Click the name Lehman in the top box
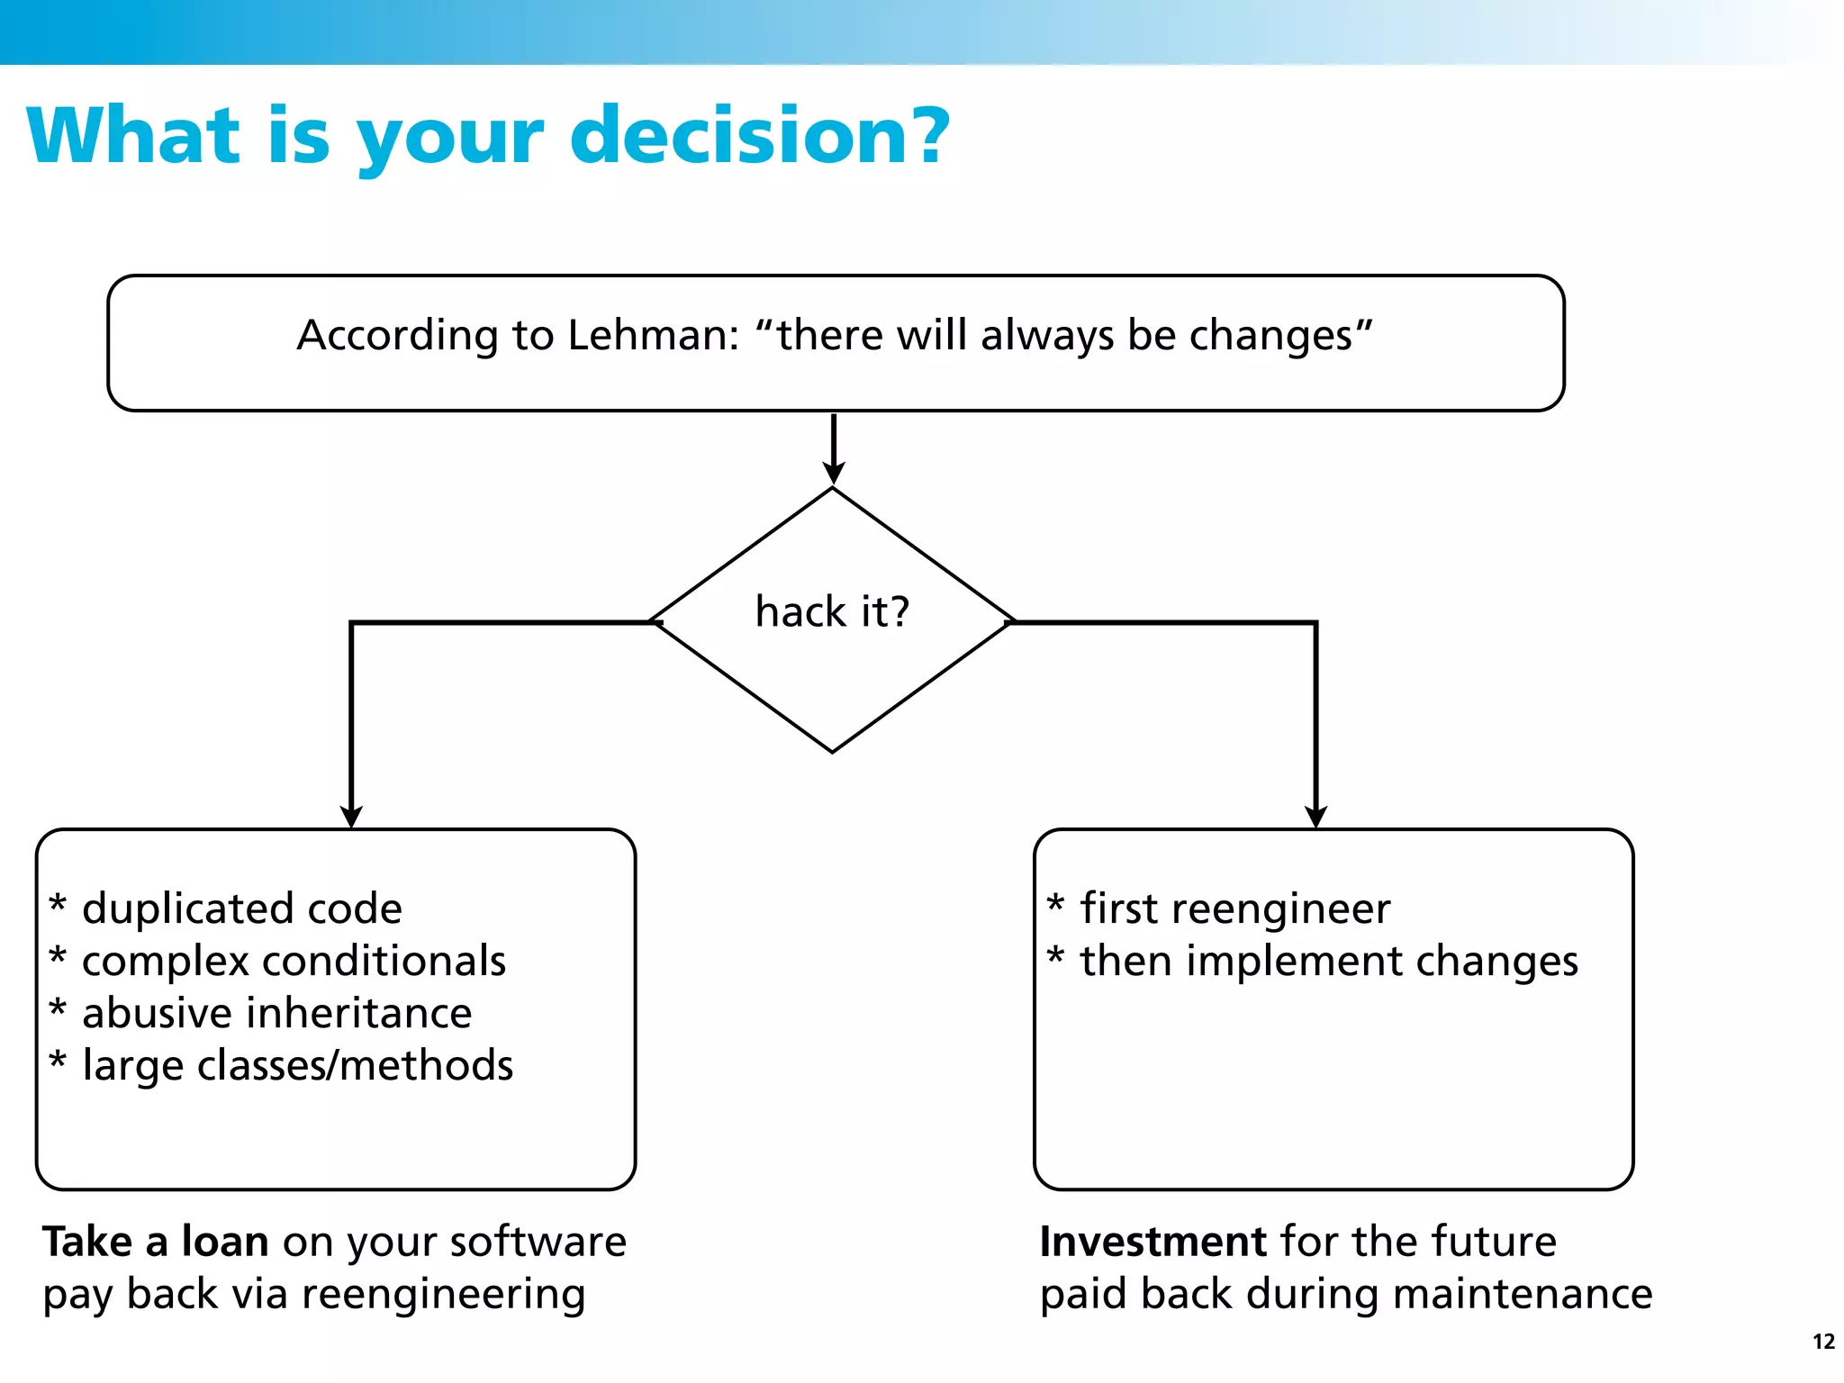click(x=654, y=335)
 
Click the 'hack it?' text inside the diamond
click(x=832, y=611)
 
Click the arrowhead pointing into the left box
click(x=351, y=816)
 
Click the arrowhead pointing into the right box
click(x=1315, y=816)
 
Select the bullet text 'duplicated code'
click(x=241, y=908)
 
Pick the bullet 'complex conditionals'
click(x=294, y=961)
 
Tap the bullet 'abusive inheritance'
click(x=276, y=1013)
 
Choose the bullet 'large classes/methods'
click(x=297, y=1065)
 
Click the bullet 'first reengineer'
click(x=1234, y=908)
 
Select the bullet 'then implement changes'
click(x=1328, y=961)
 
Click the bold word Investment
click(x=1153, y=1242)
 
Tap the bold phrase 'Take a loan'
click(x=156, y=1242)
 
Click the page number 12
click(x=1823, y=1342)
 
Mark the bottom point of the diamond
click(x=833, y=751)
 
